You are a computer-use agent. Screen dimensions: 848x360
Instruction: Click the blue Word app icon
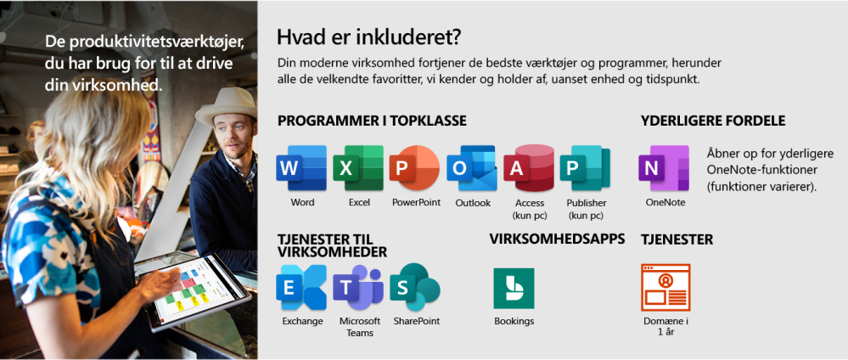(301, 168)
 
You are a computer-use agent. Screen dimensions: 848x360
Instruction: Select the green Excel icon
(358, 168)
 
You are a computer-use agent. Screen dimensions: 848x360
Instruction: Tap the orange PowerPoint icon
(415, 168)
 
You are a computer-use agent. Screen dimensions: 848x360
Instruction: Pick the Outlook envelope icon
(472, 168)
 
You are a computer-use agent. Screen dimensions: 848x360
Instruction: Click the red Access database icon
(529, 168)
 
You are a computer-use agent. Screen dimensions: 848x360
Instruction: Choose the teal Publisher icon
(585, 168)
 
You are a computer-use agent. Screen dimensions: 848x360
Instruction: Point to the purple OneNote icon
(664, 168)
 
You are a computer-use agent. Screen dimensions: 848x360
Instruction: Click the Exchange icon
(301, 288)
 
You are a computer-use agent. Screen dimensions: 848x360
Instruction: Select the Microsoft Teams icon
(358, 288)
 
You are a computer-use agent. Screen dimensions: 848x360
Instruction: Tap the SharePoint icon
(415, 288)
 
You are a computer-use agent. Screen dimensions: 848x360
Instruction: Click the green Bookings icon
(514, 289)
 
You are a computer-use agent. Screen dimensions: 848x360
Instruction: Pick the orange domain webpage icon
(665, 288)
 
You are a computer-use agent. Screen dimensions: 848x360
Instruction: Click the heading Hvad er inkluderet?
(368, 37)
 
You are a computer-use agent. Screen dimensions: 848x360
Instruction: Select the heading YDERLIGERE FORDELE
(713, 121)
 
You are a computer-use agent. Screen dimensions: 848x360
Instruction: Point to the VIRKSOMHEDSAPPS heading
(557, 239)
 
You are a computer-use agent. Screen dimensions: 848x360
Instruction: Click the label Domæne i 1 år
(665, 326)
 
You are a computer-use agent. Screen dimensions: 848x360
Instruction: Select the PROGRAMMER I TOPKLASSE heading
(372, 121)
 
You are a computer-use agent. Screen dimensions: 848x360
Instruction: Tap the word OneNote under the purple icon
(665, 202)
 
